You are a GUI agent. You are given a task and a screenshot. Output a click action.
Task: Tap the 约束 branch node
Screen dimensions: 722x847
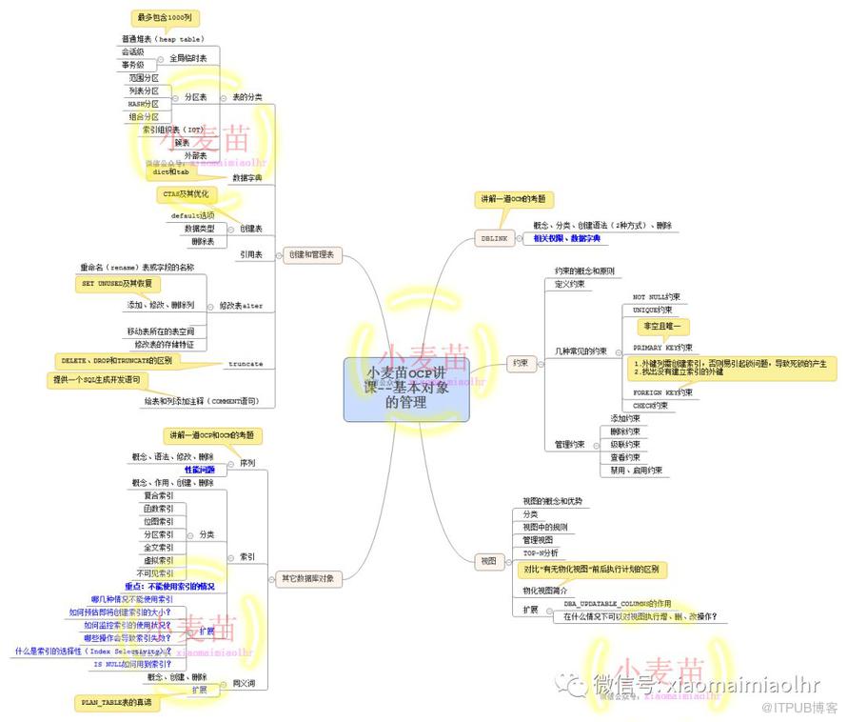(x=519, y=363)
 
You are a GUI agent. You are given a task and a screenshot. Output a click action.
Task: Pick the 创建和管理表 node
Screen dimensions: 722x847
(x=313, y=255)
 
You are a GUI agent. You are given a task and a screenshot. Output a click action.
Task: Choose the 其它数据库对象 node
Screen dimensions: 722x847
(x=307, y=577)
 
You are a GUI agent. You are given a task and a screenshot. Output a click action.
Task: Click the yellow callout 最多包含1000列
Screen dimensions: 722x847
(x=166, y=18)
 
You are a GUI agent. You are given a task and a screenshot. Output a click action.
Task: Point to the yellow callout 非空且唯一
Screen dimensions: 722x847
(x=664, y=327)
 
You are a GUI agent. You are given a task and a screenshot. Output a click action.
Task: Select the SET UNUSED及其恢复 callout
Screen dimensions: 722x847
(x=118, y=284)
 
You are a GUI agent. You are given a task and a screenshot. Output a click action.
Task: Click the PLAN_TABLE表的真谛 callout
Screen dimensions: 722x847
(x=113, y=701)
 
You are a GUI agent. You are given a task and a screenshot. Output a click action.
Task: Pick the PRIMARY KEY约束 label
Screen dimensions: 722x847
(x=662, y=348)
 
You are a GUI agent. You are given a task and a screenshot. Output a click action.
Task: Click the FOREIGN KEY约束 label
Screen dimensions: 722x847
(x=662, y=391)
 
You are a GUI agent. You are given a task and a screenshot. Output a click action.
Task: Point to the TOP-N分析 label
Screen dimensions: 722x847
(x=541, y=552)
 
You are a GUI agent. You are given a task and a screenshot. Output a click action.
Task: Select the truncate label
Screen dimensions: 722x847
(x=246, y=364)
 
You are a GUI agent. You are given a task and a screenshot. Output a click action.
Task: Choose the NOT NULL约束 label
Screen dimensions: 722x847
(x=657, y=297)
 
